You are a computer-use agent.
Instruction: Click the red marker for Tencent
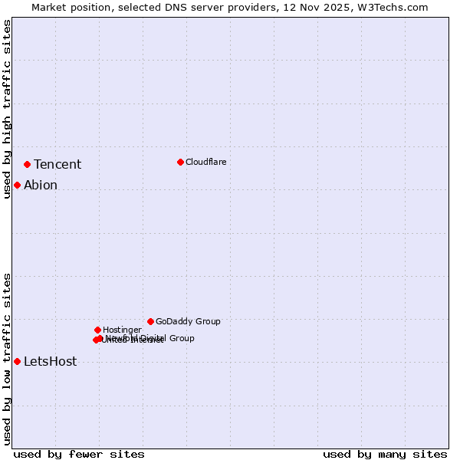point(27,164)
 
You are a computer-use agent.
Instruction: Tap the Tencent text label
point(58,165)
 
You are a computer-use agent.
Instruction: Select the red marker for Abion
point(17,185)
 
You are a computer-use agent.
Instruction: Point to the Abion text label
point(41,186)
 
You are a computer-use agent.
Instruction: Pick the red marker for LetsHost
point(17,361)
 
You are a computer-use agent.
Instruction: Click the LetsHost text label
point(51,362)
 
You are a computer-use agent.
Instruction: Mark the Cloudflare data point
point(180,162)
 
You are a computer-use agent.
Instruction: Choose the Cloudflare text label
point(206,163)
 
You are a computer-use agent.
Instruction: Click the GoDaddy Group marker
point(150,321)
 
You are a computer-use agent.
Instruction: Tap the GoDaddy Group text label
point(188,322)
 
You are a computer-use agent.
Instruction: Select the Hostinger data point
point(97,330)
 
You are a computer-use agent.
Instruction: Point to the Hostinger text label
point(122,330)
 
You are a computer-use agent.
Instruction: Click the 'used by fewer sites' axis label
point(79,455)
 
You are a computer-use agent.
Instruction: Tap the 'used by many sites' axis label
point(385,455)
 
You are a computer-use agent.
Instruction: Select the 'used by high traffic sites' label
point(8,109)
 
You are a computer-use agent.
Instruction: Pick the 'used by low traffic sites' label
point(8,359)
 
